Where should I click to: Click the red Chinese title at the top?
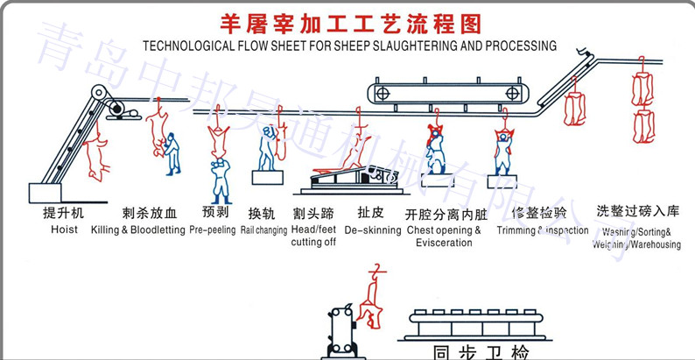coord(350,22)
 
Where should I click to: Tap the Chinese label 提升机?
coord(60,213)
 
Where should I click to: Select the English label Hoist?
coord(63,229)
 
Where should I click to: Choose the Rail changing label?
coord(262,229)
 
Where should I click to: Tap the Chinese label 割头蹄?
coord(313,213)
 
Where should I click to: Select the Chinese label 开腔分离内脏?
coord(444,214)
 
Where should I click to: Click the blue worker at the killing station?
coord(172,153)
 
